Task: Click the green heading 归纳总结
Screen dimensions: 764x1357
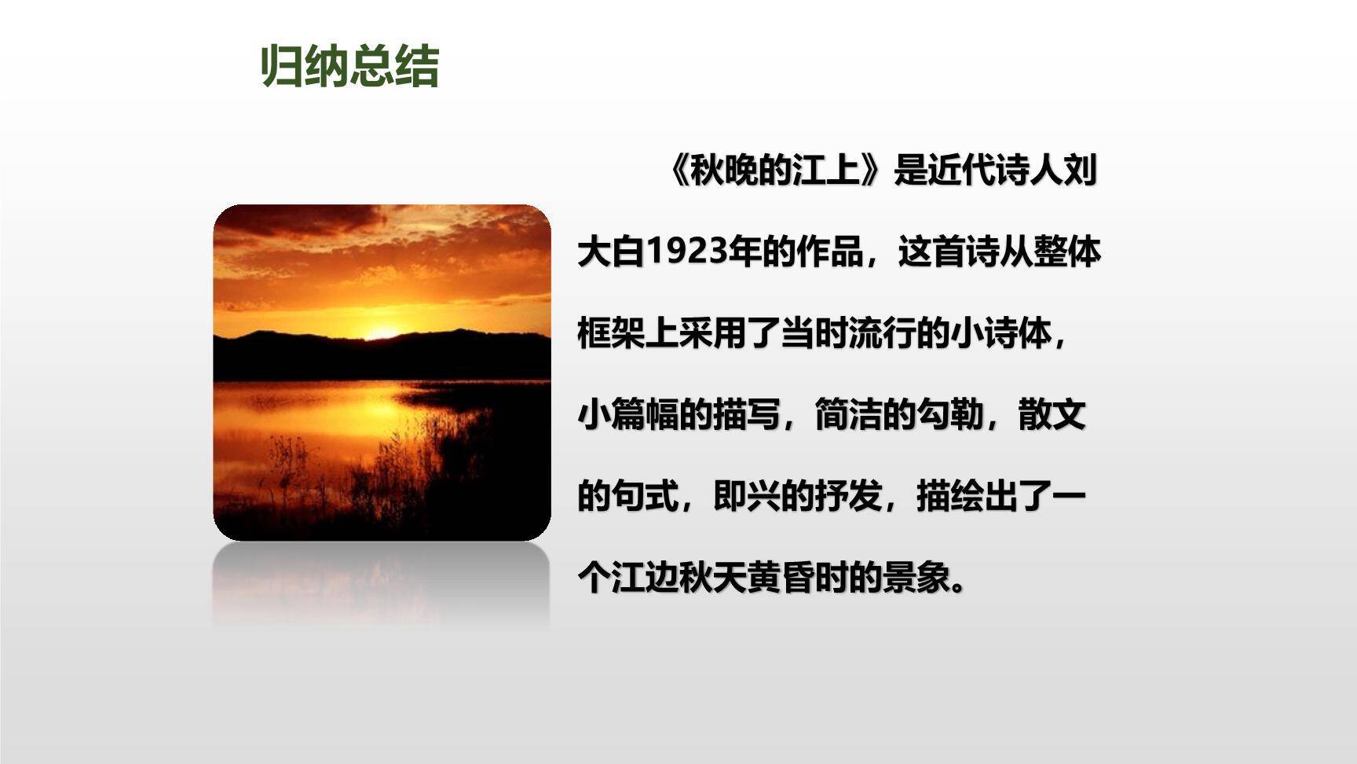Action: click(349, 66)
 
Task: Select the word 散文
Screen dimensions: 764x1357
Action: click(1052, 415)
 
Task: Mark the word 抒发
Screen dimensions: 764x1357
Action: click(848, 497)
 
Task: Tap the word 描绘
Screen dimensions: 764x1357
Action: click(950, 497)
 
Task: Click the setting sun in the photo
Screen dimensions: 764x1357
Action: click(382, 332)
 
